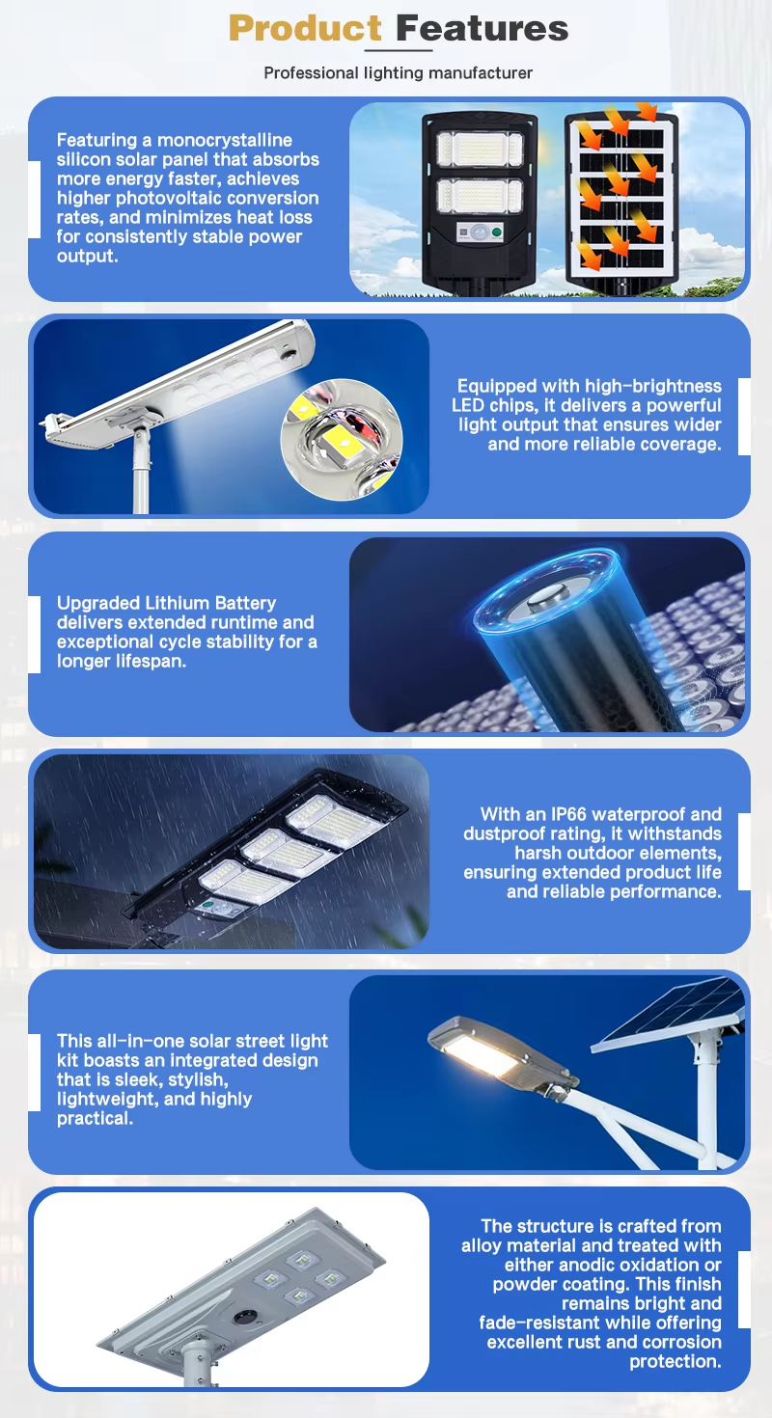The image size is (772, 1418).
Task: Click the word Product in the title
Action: pyautogui.click(x=305, y=28)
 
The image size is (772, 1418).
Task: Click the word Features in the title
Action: pyautogui.click(x=482, y=28)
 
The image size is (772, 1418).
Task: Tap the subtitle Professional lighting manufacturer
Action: pyautogui.click(x=398, y=73)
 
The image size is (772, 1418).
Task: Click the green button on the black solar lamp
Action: pyautogui.click(x=497, y=232)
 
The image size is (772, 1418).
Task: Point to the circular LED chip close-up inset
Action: pyautogui.click(x=342, y=439)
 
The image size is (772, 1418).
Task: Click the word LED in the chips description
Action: pyautogui.click(x=467, y=405)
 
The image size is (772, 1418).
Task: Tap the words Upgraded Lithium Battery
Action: pyautogui.click(x=167, y=603)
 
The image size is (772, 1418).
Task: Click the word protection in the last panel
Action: pyautogui.click(x=675, y=1361)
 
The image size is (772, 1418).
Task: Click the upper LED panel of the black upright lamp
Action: pyautogui.click(x=480, y=149)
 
